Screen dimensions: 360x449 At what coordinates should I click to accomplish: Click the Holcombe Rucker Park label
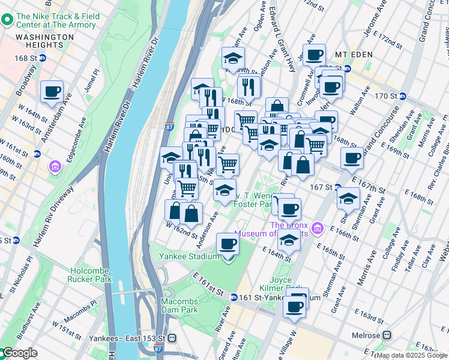click(x=91, y=275)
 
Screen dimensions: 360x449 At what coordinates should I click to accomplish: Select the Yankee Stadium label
click(x=188, y=256)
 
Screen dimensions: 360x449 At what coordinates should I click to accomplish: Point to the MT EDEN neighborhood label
click(x=354, y=54)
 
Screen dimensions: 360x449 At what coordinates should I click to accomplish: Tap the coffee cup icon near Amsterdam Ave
click(x=52, y=91)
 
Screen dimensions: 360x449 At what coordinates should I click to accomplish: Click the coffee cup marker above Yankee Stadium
click(x=228, y=243)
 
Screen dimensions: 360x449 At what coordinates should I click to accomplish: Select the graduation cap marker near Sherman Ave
click(x=348, y=197)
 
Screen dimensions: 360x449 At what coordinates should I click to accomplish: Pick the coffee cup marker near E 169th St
click(x=352, y=158)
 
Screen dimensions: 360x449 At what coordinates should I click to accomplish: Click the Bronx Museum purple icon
click(x=318, y=229)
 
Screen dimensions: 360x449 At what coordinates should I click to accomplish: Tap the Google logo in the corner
click(x=19, y=353)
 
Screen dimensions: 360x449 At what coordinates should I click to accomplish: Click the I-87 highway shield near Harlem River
click(x=169, y=127)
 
